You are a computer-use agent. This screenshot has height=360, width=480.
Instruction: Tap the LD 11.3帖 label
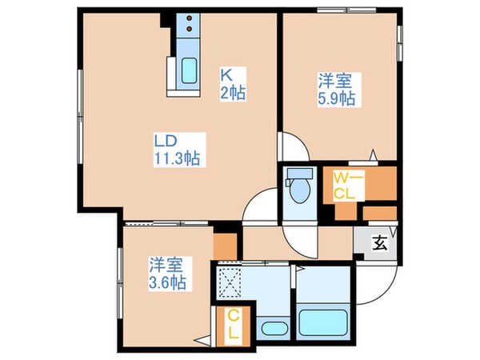point(177,149)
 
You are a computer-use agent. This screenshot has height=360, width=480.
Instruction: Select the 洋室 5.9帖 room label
point(335,90)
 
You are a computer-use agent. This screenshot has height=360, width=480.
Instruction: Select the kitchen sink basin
point(189,71)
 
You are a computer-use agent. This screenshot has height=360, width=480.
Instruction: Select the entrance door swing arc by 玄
point(376,280)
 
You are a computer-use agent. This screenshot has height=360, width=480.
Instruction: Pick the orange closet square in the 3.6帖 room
point(226,244)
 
